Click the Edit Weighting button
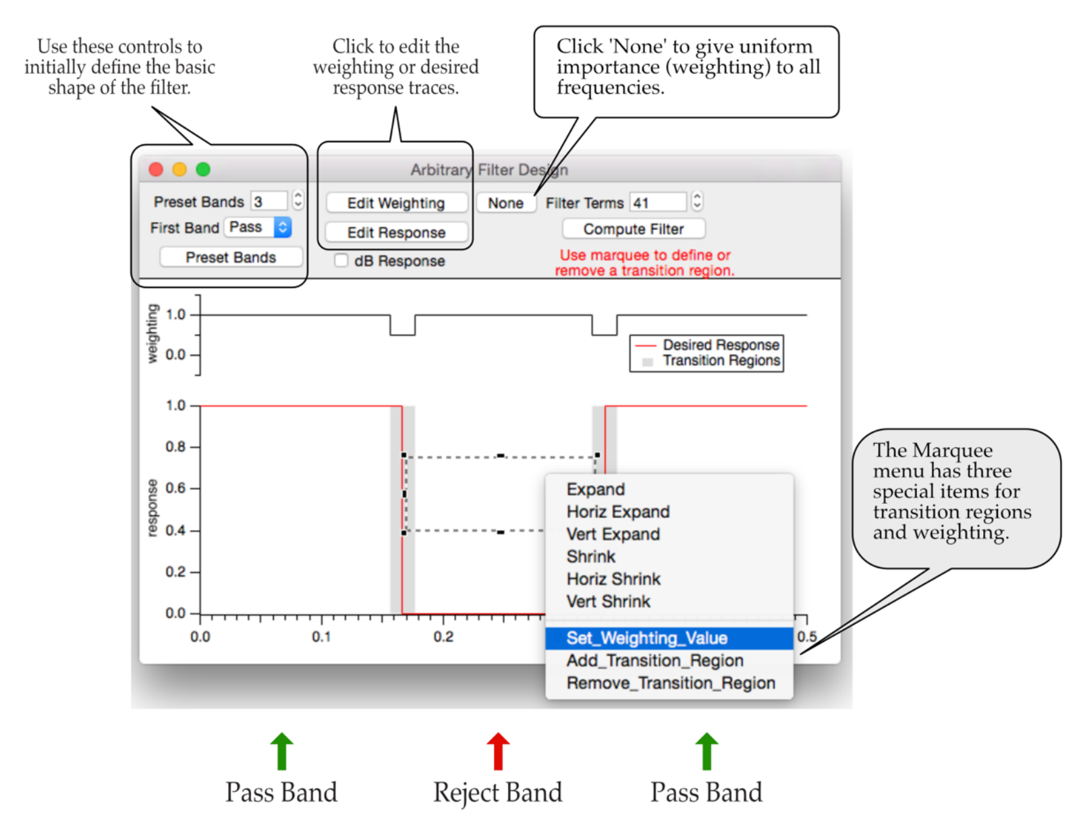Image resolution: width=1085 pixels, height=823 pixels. (x=396, y=203)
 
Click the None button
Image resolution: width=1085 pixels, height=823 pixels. (x=505, y=203)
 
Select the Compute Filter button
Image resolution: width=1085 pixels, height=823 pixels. (x=634, y=229)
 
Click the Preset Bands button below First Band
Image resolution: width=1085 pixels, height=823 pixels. (x=231, y=258)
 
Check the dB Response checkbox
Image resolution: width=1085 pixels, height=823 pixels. (x=341, y=260)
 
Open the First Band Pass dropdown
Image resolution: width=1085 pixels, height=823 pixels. (x=259, y=227)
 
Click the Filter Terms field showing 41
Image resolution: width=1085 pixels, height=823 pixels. (x=657, y=202)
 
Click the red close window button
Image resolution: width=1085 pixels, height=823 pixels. (x=156, y=169)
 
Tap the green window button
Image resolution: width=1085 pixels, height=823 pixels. (x=203, y=169)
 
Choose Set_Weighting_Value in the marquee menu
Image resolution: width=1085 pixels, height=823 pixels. (x=646, y=638)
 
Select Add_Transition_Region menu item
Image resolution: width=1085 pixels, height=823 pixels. (x=655, y=660)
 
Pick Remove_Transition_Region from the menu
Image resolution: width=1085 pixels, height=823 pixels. (x=671, y=683)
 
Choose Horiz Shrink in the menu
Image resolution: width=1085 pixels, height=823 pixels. (x=613, y=579)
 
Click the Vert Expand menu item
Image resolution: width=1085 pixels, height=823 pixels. (x=613, y=534)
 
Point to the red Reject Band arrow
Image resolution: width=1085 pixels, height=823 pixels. (x=498, y=750)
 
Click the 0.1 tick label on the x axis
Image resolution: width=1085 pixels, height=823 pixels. (x=321, y=637)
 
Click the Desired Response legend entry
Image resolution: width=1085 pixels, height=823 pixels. (x=720, y=345)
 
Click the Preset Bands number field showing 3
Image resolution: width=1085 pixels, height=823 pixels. (x=268, y=201)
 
